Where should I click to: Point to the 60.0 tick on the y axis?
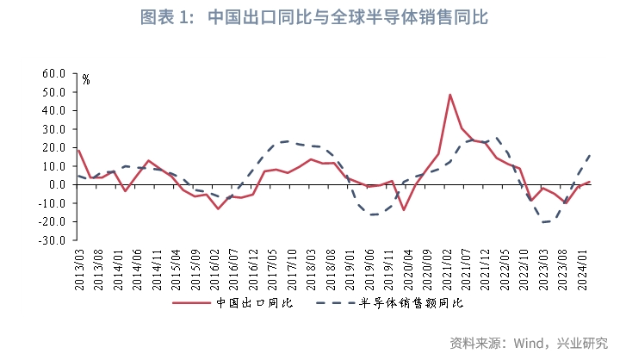55,74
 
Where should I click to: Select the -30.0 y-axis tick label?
53,240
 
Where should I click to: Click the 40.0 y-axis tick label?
55,111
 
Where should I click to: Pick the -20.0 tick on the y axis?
53,221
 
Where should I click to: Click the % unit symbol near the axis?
86,80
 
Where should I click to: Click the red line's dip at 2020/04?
403,210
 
